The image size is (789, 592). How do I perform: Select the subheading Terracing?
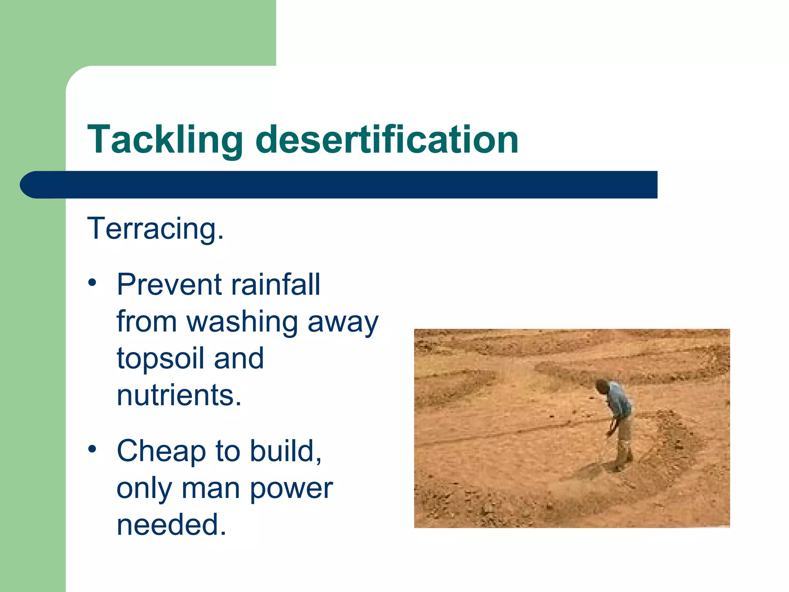point(155,229)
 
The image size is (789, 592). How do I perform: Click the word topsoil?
point(160,358)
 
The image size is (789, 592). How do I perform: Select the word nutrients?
point(179,395)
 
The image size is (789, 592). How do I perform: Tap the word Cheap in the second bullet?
point(161,451)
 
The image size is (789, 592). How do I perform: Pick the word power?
point(291,488)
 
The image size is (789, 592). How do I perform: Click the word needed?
point(171,525)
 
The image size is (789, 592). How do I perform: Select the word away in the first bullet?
point(343,321)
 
